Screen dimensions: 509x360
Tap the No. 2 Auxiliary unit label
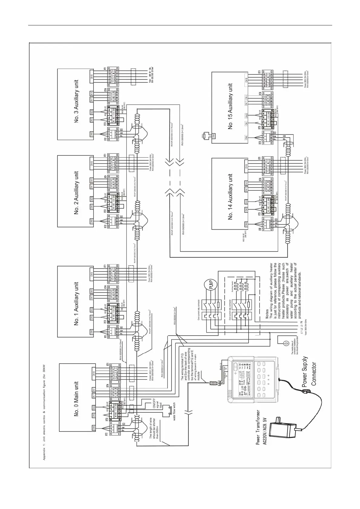point(76,193)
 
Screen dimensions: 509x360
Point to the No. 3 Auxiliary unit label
point(76,101)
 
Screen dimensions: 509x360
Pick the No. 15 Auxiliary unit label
point(231,106)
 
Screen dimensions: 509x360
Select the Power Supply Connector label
point(309,372)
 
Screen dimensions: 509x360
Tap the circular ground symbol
point(284,342)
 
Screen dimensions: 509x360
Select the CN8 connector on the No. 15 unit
point(214,136)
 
